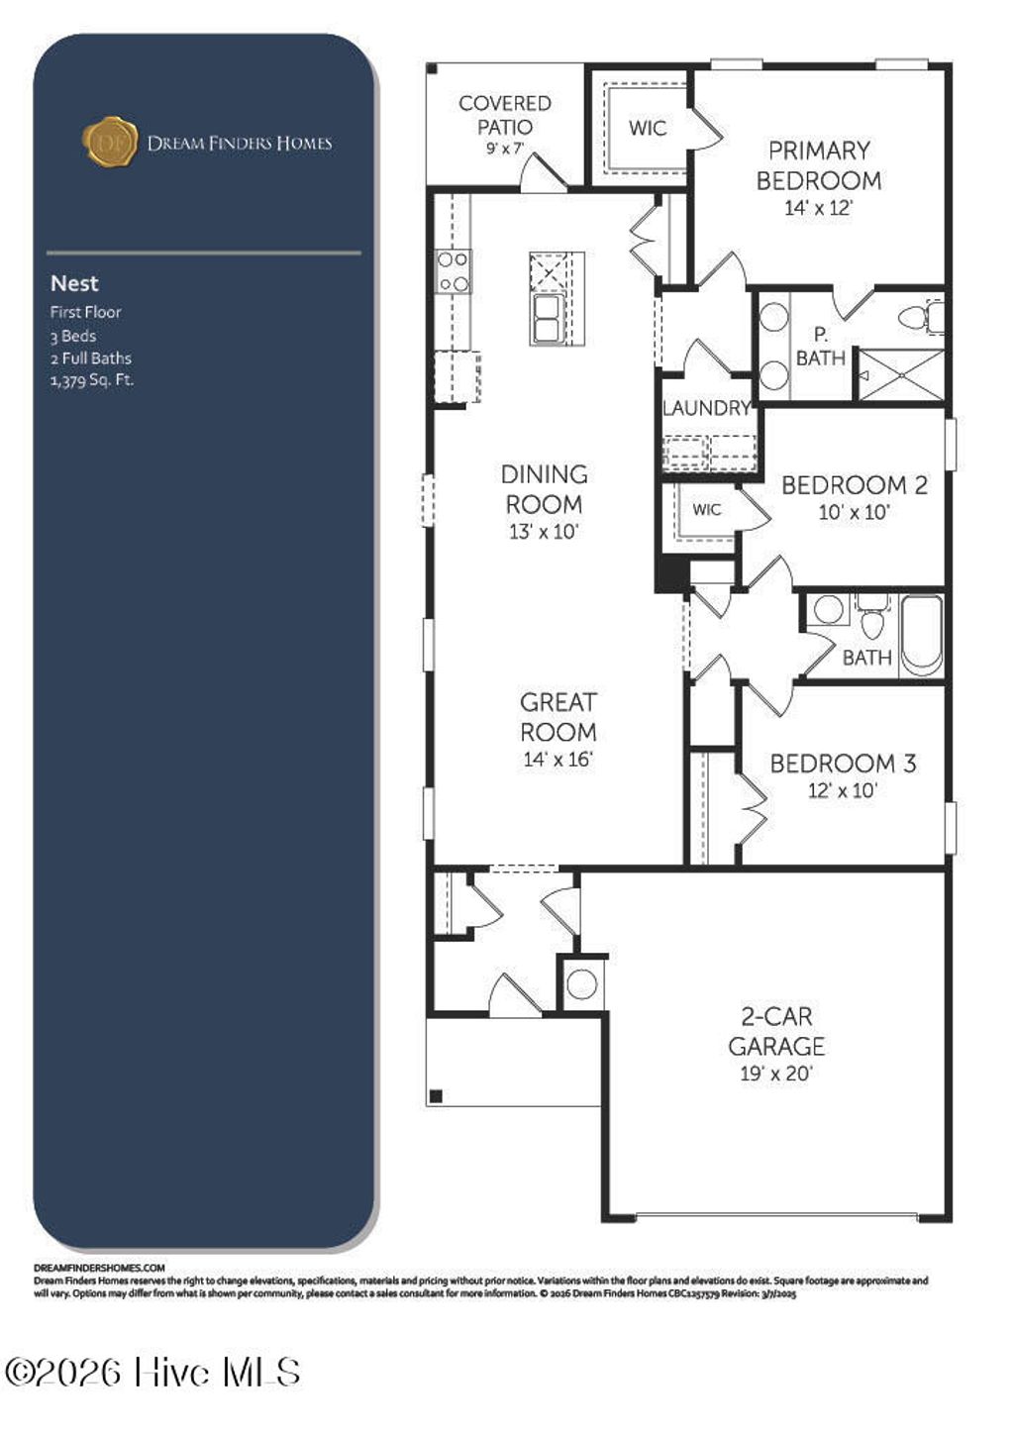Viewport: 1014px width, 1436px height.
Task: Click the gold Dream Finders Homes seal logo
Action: (109, 142)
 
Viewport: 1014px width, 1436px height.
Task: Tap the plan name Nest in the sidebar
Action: (74, 283)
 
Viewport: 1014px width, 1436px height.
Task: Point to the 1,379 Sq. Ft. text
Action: (92, 380)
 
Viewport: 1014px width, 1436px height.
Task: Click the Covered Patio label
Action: (504, 115)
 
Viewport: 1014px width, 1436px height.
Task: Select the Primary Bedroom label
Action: (818, 165)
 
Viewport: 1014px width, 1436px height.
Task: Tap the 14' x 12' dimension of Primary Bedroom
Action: (818, 208)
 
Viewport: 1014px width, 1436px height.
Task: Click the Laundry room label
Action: (705, 408)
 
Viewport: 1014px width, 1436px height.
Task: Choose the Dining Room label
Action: (544, 489)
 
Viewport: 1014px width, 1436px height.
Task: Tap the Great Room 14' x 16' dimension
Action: (558, 760)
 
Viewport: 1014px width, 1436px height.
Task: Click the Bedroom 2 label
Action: (854, 485)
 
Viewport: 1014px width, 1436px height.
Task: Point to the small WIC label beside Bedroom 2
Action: (706, 510)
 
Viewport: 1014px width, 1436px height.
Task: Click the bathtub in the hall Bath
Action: (922, 635)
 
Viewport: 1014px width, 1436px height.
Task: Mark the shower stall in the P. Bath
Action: (900, 375)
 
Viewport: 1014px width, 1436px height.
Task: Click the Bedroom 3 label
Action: (843, 764)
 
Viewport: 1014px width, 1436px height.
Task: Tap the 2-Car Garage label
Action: (776, 1031)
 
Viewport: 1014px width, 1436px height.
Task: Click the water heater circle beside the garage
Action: (581, 984)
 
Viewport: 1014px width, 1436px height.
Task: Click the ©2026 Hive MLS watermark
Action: (152, 1373)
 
